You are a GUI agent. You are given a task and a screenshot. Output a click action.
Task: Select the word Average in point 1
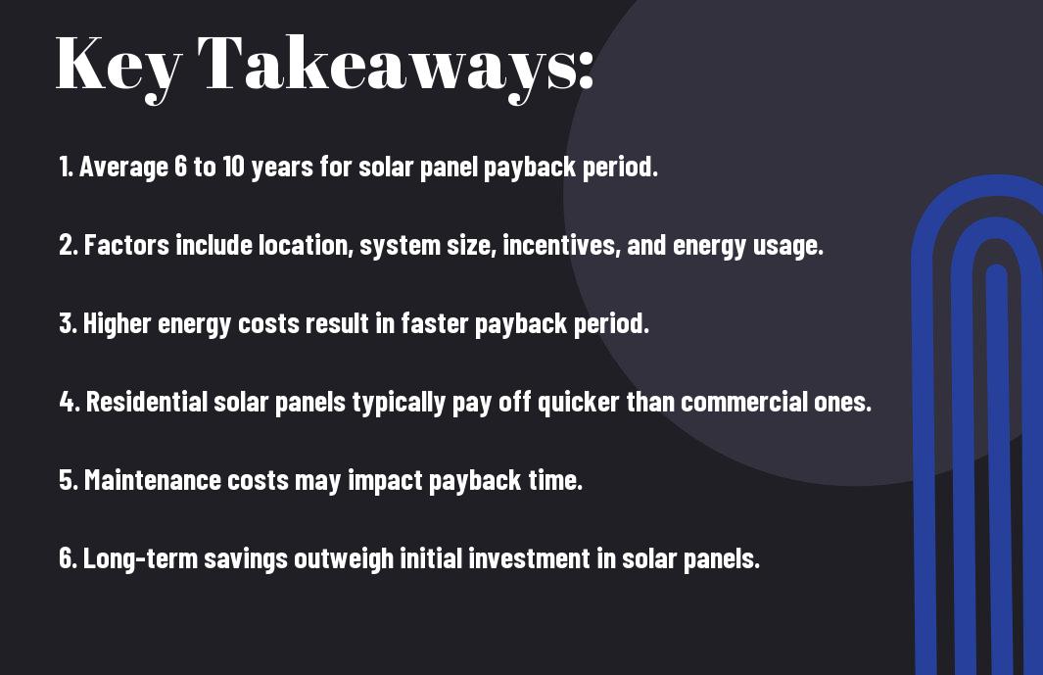click(123, 168)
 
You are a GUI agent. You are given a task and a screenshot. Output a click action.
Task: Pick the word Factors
click(126, 245)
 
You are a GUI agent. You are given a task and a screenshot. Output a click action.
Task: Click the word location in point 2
click(306, 245)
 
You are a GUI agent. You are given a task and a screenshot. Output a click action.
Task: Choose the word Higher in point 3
click(118, 324)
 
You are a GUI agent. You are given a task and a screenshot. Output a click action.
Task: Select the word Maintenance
click(153, 480)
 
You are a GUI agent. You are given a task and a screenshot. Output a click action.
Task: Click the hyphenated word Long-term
click(140, 559)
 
